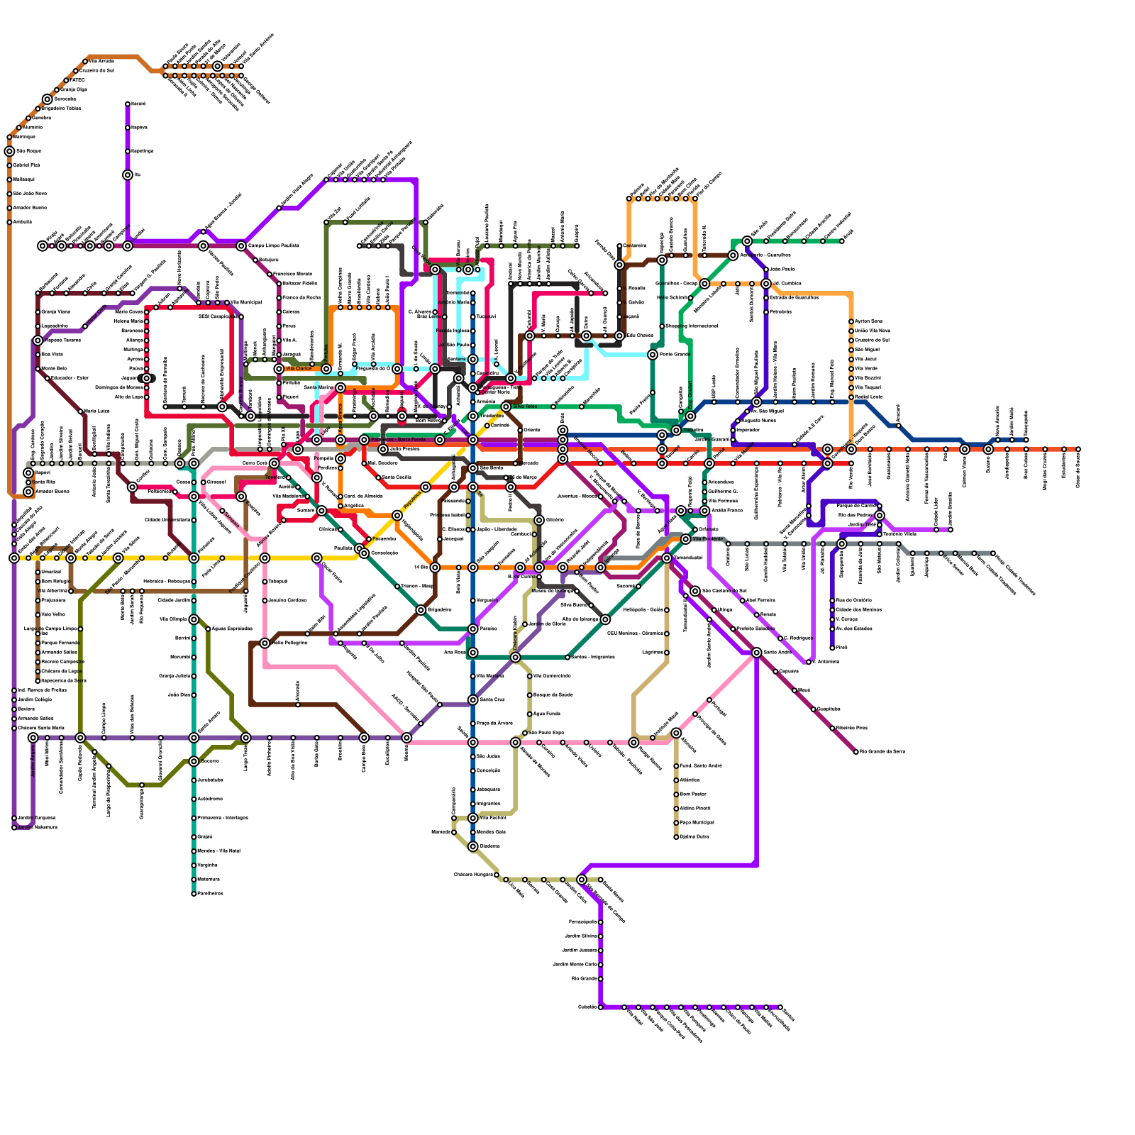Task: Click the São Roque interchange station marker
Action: pos(9,151)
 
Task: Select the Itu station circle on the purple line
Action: pos(128,175)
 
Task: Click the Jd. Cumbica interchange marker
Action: pos(766,284)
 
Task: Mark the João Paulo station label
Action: pos(782,270)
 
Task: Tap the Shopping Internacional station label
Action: pos(691,326)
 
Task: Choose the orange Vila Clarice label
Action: pos(298,369)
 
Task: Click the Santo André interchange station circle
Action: pos(757,653)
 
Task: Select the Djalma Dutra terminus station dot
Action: pos(676,837)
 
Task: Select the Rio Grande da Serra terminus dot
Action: pos(856,752)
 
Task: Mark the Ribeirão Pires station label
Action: pos(852,729)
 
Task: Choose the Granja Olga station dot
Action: pos(57,90)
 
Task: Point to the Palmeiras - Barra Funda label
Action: pos(398,440)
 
